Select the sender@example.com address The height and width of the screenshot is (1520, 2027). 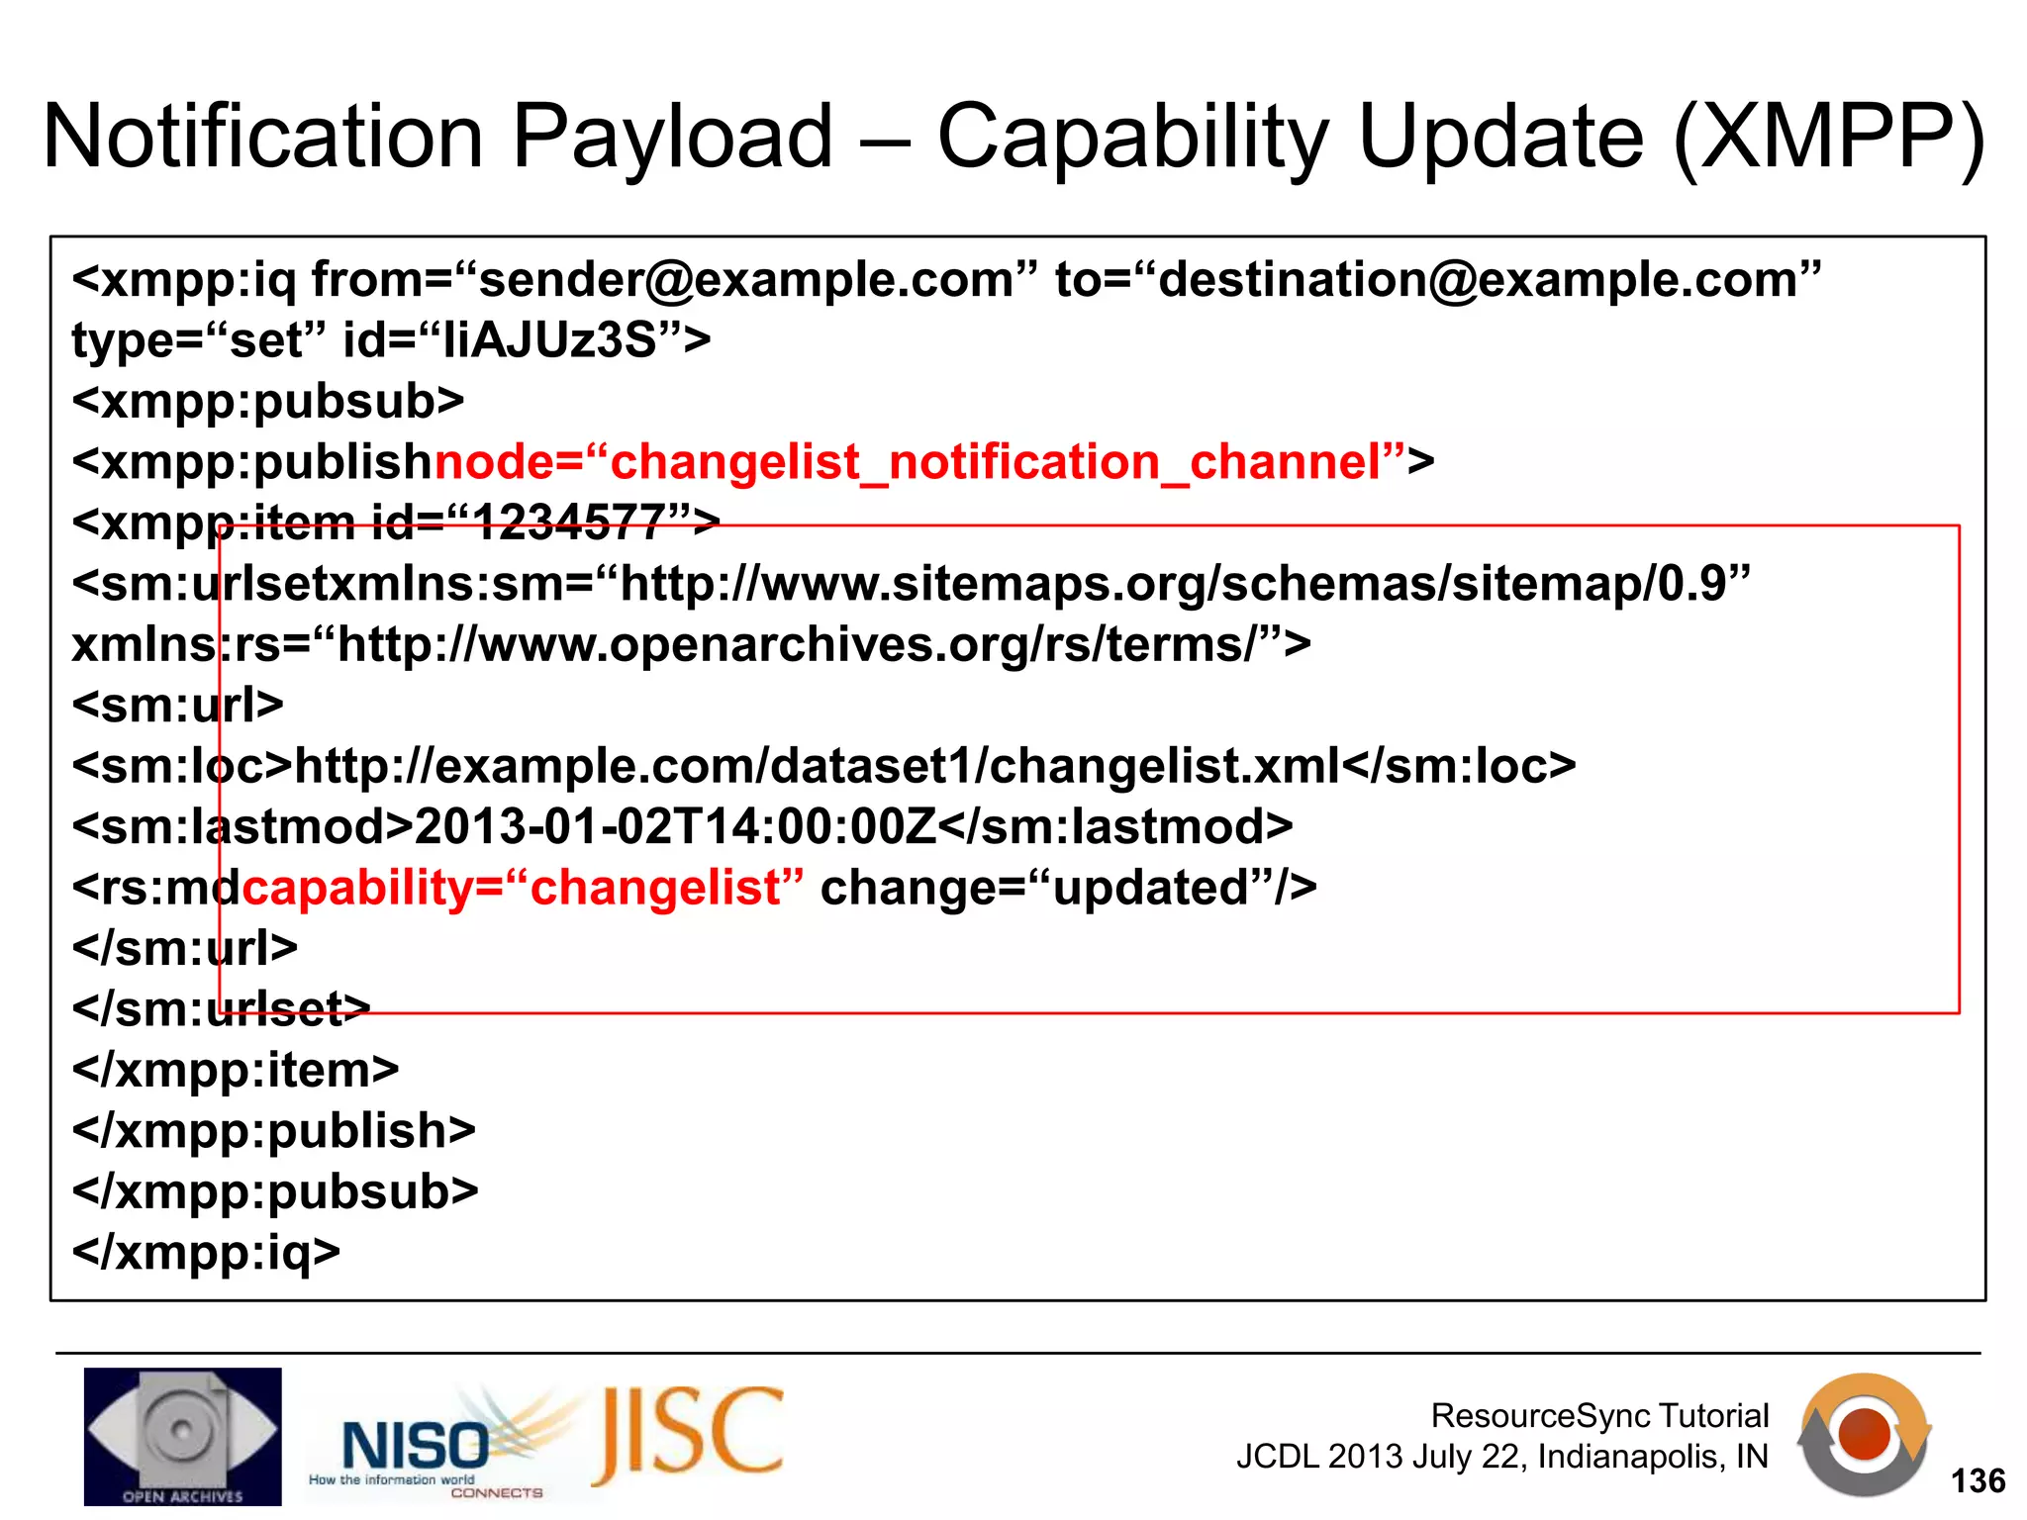pyautogui.click(x=746, y=280)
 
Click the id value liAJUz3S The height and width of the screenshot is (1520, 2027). pyautogui.click(x=549, y=340)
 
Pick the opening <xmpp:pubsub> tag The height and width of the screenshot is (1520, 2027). pyautogui.click(x=268, y=401)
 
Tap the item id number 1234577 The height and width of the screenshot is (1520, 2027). pyautogui.click(x=568, y=522)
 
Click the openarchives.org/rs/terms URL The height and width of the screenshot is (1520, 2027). pyautogui.click(x=797, y=645)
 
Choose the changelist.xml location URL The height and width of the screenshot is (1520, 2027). pyautogui.click(x=818, y=766)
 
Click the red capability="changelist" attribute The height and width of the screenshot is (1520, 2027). pyautogui.click(x=523, y=888)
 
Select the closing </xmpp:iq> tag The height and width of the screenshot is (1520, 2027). pyautogui.click(x=206, y=1253)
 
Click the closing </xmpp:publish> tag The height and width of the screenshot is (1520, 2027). pyautogui.click(x=274, y=1131)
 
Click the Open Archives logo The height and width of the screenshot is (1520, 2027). pyautogui.click(x=182, y=1436)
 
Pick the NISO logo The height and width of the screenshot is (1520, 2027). pyautogui.click(x=416, y=1446)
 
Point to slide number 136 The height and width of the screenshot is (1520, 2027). pyautogui.click(x=1978, y=1481)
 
